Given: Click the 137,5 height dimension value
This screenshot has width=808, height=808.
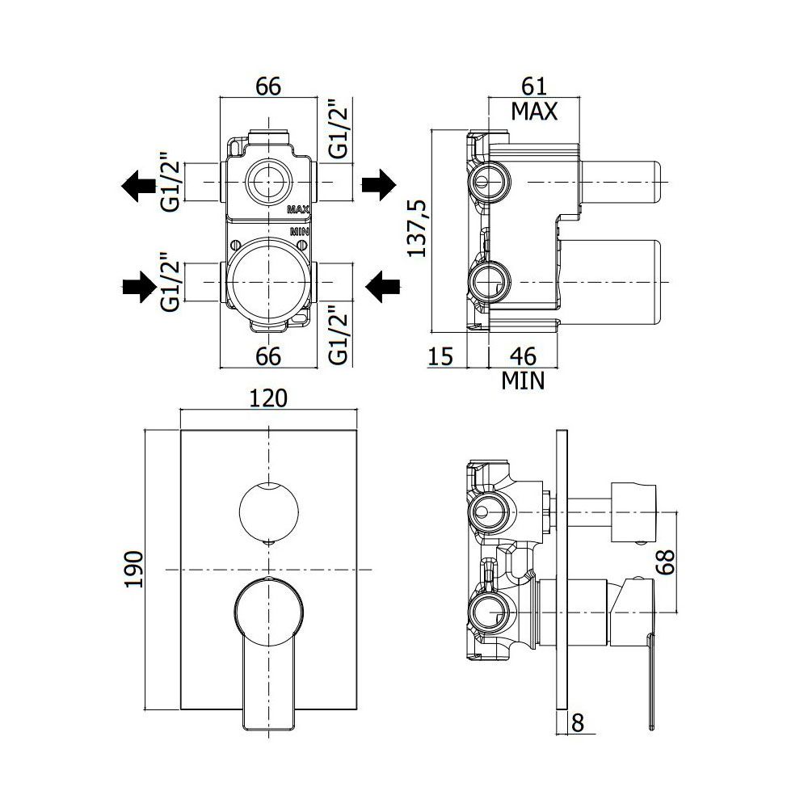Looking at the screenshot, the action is [416, 228].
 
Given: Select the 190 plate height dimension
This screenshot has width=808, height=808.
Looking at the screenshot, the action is [134, 570].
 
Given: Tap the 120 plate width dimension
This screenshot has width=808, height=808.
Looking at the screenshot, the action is [268, 398].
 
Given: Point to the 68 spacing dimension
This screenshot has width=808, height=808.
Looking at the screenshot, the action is [665, 562].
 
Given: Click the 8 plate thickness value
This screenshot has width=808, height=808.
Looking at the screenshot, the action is [578, 723].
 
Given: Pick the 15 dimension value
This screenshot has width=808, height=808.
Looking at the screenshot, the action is [440, 356].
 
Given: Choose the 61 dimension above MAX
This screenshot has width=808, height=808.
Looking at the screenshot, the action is [534, 86].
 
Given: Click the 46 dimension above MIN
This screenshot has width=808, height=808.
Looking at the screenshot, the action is [523, 356].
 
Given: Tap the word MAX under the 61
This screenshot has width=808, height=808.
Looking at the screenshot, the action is [534, 112].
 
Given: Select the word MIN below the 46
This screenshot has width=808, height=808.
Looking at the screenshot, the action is [523, 381].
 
